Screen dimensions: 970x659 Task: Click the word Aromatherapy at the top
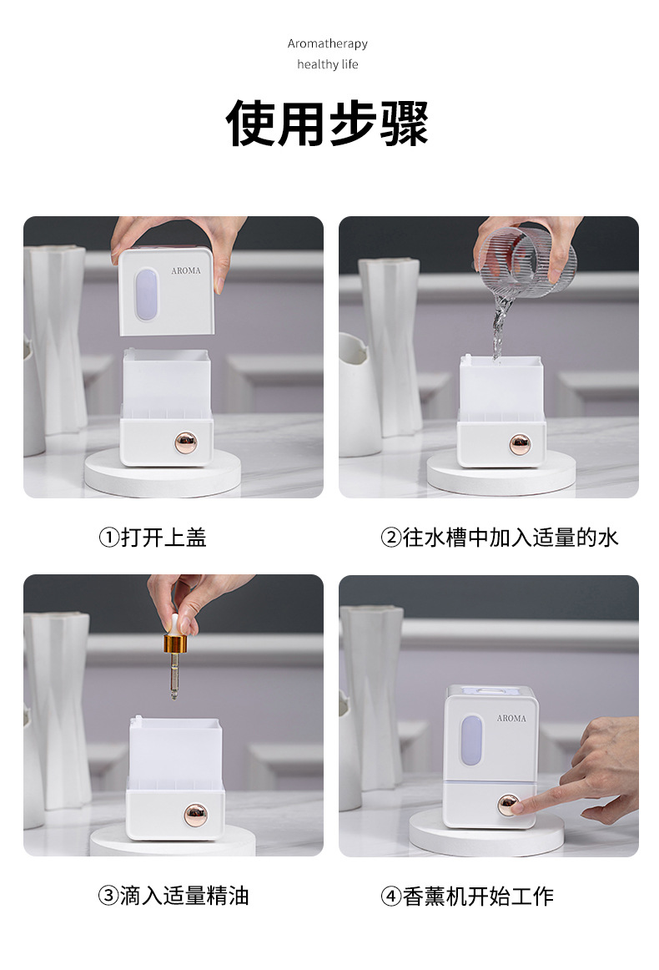[328, 43]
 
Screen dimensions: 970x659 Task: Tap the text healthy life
[328, 64]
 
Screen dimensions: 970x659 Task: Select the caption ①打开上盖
[153, 538]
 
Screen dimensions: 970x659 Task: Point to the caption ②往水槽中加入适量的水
[499, 538]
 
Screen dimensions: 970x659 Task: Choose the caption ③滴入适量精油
[174, 897]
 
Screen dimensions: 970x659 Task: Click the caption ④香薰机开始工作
[467, 897]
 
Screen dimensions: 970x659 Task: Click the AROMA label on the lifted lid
[186, 271]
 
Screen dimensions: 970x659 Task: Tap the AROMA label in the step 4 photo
[511, 718]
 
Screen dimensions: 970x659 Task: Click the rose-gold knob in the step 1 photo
[186, 442]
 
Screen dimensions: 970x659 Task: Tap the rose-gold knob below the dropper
[195, 812]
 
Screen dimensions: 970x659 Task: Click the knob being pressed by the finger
[508, 805]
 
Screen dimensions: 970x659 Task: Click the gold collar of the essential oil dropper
[175, 644]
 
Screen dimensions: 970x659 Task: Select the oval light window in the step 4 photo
[472, 739]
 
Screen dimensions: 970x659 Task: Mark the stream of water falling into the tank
[501, 321]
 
